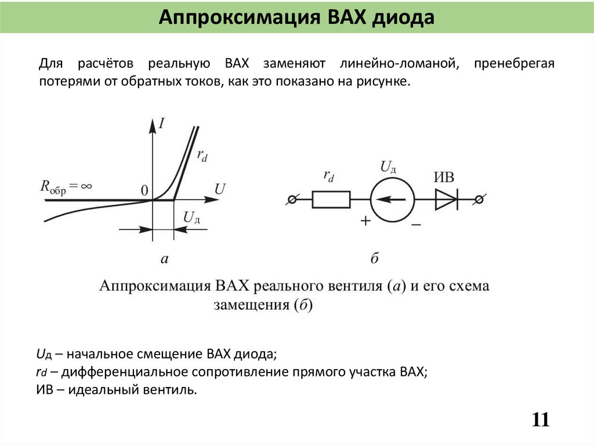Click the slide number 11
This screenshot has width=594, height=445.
pos(540,419)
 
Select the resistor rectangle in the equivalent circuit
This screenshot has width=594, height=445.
pos(331,200)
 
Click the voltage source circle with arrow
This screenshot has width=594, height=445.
pos(392,200)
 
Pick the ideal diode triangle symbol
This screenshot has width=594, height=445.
pos(446,200)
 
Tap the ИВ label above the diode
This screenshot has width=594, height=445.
pos(445,178)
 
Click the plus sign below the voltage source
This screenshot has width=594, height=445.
pos(366,221)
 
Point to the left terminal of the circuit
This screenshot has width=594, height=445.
pos(292,200)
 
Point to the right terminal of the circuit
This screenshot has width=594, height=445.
pos(479,200)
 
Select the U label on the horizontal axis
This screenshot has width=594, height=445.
pos(220,189)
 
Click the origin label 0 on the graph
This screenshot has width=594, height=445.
pos(144,190)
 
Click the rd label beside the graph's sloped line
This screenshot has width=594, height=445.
pos(202,155)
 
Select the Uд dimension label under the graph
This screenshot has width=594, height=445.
pos(192,218)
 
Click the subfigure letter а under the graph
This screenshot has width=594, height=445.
pos(164,259)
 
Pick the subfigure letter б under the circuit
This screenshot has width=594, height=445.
pos(374,259)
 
